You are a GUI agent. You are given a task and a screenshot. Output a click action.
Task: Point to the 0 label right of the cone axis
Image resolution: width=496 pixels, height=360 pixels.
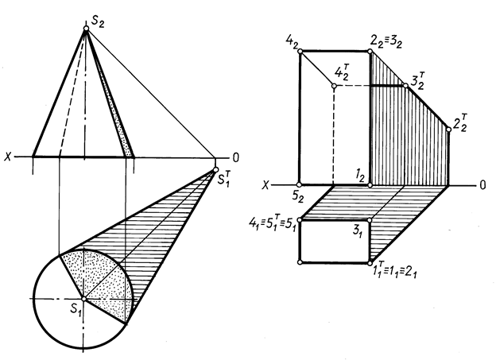[x=235, y=157]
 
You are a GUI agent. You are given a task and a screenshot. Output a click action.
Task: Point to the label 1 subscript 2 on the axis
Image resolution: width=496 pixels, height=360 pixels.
[x=361, y=176]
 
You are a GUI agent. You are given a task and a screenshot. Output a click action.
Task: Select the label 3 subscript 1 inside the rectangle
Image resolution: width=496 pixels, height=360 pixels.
[x=359, y=233]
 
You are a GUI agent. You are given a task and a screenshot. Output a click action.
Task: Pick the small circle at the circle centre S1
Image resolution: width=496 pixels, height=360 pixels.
[x=85, y=298]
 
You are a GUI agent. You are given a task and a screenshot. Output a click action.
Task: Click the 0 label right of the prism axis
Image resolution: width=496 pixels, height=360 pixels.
[x=482, y=184]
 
